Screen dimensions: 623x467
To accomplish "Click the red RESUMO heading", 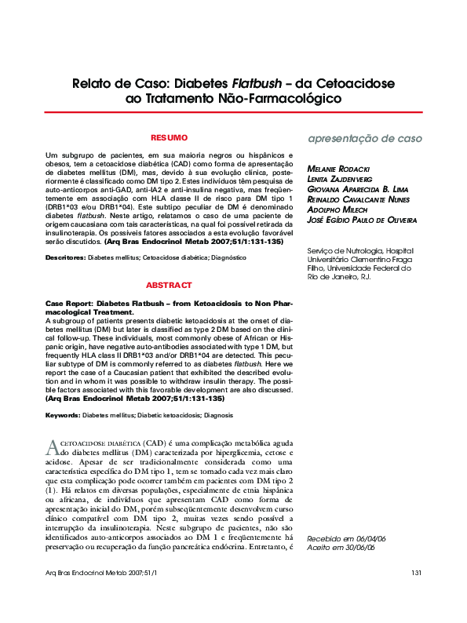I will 169,137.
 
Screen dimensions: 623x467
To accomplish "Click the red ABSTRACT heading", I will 169,286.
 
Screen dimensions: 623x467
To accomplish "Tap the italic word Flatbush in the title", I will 255,82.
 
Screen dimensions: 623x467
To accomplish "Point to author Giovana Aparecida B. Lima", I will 357,190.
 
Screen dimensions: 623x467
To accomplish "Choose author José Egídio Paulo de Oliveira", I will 362,220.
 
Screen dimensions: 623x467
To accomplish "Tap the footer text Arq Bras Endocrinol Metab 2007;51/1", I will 101,596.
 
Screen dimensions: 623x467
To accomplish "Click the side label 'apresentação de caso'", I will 364,139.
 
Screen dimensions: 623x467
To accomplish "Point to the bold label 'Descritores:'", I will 65,257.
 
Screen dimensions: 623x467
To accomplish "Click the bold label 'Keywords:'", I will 64,414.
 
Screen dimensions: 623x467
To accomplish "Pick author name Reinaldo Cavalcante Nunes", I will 357,200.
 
